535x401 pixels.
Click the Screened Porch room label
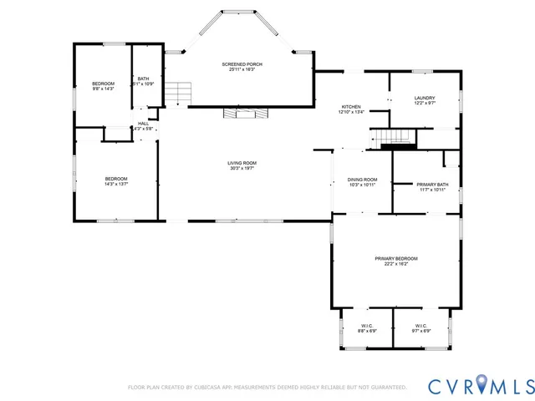pyautogui.click(x=238, y=64)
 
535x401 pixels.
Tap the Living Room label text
pyautogui.click(x=242, y=163)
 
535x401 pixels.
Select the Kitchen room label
pyautogui.click(x=351, y=108)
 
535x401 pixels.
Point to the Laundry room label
pyautogui.click(x=425, y=98)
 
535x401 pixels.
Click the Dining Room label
pyautogui.click(x=362, y=180)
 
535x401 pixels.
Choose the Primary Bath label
pyautogui.click(x=432, y=185)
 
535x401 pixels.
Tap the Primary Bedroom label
pyautogui.click(x=395, y=259)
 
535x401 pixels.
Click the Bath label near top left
pyautogui.click(x=144, y=79)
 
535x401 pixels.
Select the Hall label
pyautogui.click(x=143, y=124)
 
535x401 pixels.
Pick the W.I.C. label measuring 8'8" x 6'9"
pyautogui.click(x=368, y=326)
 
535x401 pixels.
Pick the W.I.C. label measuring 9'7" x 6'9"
pyautogui.click(x=420, y=326)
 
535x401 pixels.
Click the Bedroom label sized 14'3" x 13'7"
pyautogui.click(x=115, y=180)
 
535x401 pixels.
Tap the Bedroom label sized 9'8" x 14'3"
pyautogui.click(x=103, y=84)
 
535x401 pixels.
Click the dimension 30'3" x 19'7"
pyautogui.click(x=242, y=169)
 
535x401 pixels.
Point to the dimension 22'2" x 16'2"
pyautogui.click(x=395, y=265)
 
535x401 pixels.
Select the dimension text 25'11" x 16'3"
pyautogui.click(x=238, y=70)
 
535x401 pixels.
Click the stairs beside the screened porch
pyautogui.click(x=176, y=94)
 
